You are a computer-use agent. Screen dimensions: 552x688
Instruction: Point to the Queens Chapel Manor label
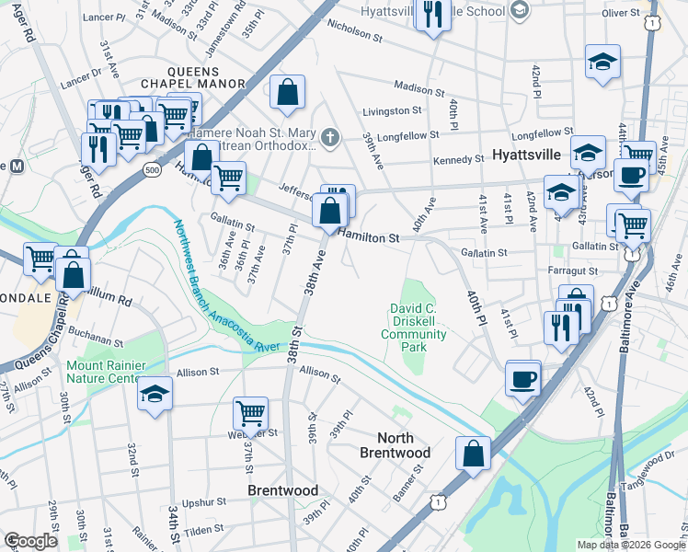(x=206, y=77)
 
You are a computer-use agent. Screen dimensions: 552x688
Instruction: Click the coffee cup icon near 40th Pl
(x=523, y=378)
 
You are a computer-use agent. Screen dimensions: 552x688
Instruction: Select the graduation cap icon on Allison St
(x=155, y=395)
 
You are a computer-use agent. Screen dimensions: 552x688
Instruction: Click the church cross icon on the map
(x=330, y=138)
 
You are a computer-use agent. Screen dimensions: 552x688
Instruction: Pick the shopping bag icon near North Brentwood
(x=473, y=454)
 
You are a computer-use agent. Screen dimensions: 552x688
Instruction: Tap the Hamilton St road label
(x=369, y=237)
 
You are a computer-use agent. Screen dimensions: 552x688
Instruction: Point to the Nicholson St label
(x=354, y=30)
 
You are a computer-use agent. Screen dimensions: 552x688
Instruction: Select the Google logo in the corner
(x=30, y=541)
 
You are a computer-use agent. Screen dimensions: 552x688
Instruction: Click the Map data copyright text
(x=630, y=545)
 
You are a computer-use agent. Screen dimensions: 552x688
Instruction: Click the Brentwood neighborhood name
(x=282, y=490)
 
